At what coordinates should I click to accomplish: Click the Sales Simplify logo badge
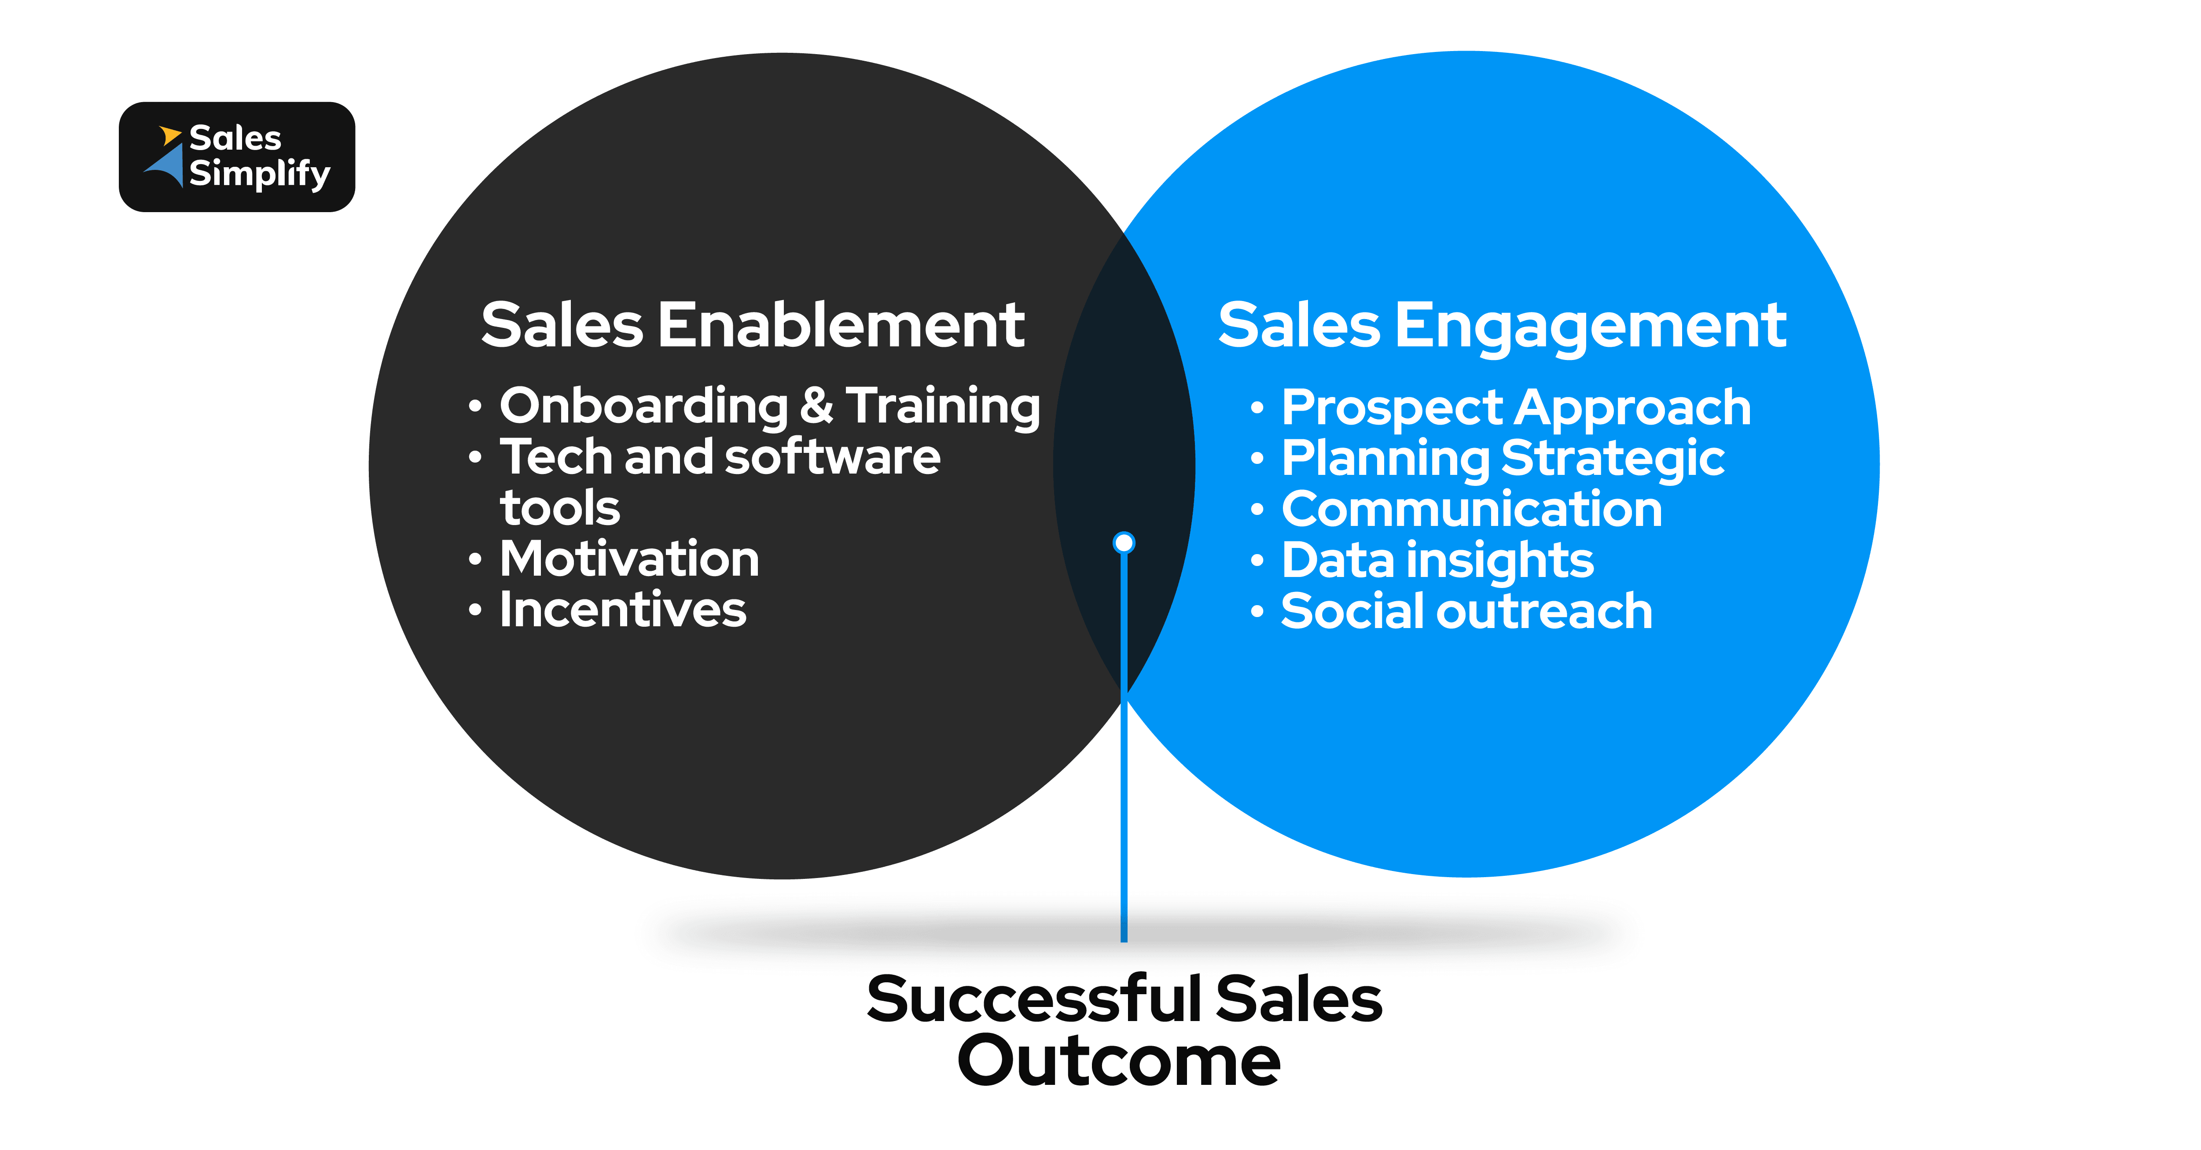click(x=237, y=157)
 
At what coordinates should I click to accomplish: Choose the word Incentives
click(x=623, y=610)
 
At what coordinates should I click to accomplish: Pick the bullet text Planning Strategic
click(x=1502, y=458)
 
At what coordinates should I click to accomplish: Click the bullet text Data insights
click(x=1437, y=560)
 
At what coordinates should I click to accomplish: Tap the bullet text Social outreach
click(x=1466, y=612)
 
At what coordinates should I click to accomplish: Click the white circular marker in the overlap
click(x=1124, y=543)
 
